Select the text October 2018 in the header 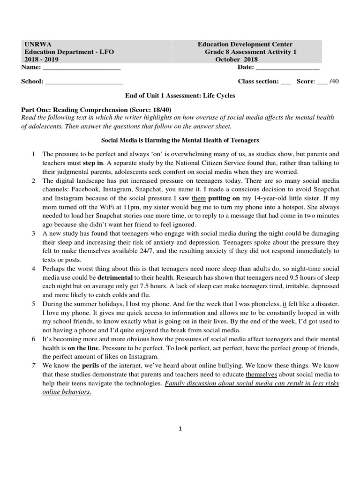[x=236, y=60]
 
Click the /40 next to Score [x=334, y=81]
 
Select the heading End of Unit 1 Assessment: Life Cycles [x=180, y=96]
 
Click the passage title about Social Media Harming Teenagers [x=180, y=140]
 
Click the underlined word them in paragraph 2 [x=199, y=198]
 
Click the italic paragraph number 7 [x=33, y=366]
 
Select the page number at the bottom [x=180, y=434]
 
